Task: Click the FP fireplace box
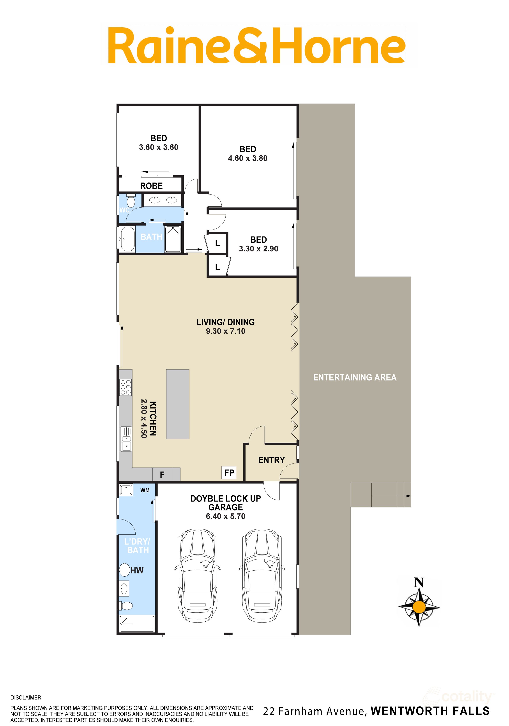(x=229, y=472)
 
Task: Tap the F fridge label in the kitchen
(x=162, y=474)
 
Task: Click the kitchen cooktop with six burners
(x=126, y=387)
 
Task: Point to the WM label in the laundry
(x=145, y=490)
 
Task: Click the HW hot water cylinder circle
(x=125, y=570)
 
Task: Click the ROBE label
(x=151, y=186)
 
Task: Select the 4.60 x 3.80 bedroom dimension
(x=248, y=158)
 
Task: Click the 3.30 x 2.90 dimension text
(x=259, y=249)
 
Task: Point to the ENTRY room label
(x=272, y=460)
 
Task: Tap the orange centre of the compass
(x=419, y=607)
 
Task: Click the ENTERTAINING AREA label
(x=355, y=377)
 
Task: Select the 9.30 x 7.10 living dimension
(x=226, y=331)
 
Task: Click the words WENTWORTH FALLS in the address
(x=430, y=711)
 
